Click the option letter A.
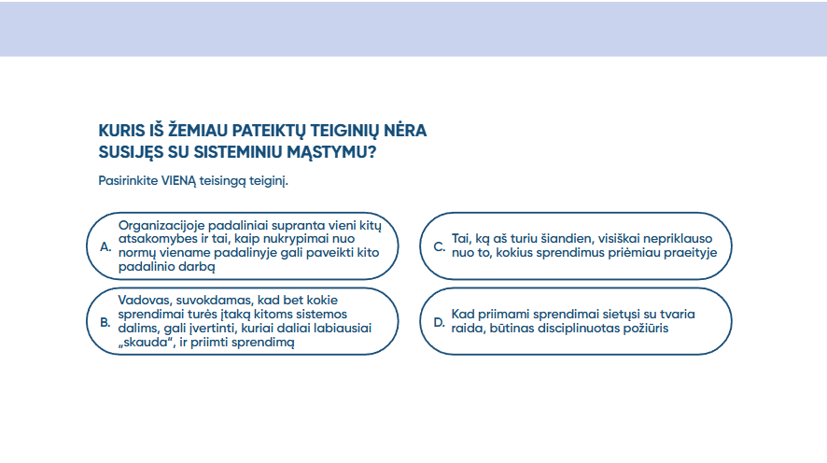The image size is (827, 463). coord(105,246)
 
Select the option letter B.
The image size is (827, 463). coord(105,322)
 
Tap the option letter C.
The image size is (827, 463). coord(440,246)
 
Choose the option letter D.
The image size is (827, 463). coord(440,322)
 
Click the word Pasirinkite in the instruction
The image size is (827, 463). coord(128,180)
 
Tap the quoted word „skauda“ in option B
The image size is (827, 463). coord(147,342)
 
